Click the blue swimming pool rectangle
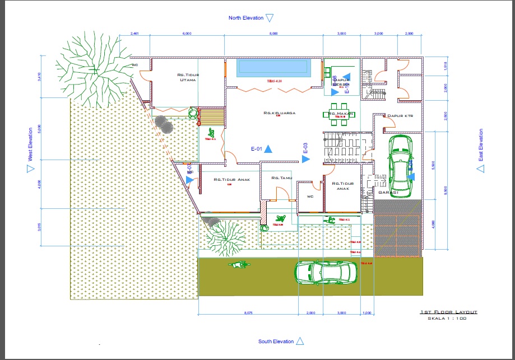pos(273,68)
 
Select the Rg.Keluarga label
pos(279,113)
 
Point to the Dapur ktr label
pos(400,116)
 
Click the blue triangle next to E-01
pos(268,149)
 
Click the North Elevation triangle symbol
pos(269,18)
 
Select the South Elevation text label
pos(276,342)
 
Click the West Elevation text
pos(30,147)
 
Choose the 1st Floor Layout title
pos(448,311)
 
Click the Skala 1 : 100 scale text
pos(447,318)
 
